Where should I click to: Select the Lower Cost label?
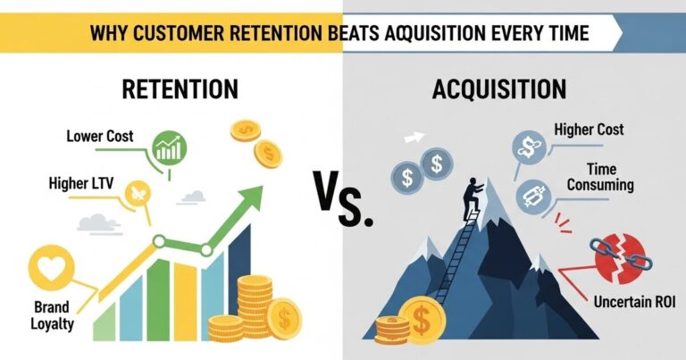click(x=100, y=137)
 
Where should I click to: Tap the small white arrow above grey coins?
click(x=414, y=138)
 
